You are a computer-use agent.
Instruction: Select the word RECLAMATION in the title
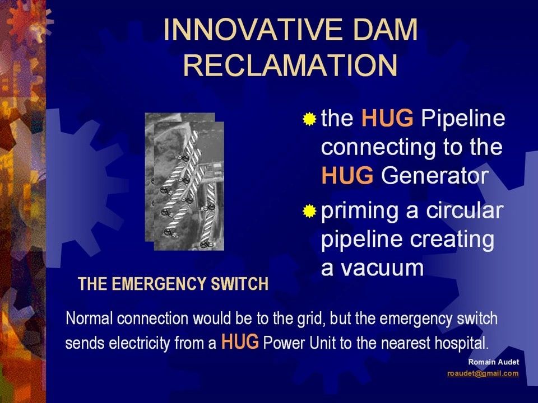pyautogui.click(x=290, y=65)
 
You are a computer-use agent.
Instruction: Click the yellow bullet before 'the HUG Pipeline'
pyautogui.click(x=309, y=119)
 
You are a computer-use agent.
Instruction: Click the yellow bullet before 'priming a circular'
pyautogui.click(x=309, y=212)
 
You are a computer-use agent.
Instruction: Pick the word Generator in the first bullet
pyautogui.click(x=435, y=176)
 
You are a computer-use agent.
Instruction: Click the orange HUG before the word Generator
pyautogui.click(x=347, y=176)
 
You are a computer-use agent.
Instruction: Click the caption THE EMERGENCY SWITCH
pyautogui.click(x=174, y=284)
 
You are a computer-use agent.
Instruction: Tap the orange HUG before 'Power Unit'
pyautogui.click(x=240, y=341)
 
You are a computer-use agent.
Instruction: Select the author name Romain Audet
pyautogui.click(x=494, y=362)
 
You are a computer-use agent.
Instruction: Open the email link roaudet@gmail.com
pyautogui.click(x=483, y=373)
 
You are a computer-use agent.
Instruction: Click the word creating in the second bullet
pyautogui.click(x=454, y=239)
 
